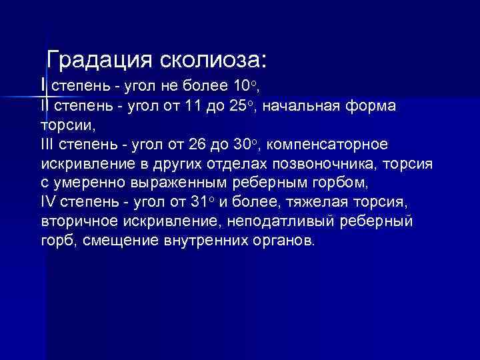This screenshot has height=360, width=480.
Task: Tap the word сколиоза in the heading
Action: [212, 59]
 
